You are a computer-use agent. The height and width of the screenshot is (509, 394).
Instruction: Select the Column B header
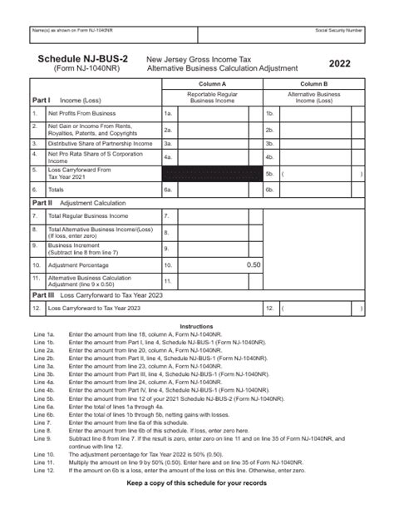[x=313, y=85]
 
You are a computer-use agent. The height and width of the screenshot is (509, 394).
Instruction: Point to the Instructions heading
[x=196, y=326]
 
